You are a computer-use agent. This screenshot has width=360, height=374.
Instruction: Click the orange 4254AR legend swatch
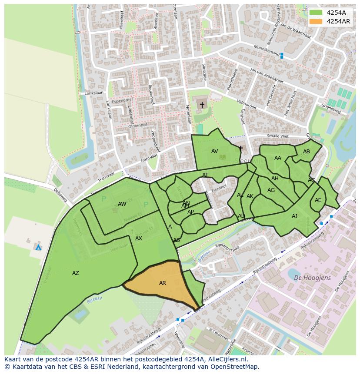[316, 21]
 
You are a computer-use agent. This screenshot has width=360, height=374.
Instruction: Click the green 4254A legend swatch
[316, 13]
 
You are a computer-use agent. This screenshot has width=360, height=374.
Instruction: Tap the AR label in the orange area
[163, 283]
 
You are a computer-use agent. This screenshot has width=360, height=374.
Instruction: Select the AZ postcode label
[76, 273]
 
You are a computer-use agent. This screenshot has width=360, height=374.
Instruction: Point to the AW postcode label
[122, 204]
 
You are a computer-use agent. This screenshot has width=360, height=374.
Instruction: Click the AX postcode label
[139, 238]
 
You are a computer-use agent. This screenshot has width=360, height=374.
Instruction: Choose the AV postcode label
[215, 151]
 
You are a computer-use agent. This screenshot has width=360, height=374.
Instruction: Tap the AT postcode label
[205, 175]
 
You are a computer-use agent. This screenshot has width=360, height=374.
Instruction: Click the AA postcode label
[278, 158]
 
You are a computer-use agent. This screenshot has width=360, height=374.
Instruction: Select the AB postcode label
[307, 152]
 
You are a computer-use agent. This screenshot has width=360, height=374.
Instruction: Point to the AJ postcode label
[294, 216]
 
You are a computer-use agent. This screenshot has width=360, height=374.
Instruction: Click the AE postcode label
[318, 200]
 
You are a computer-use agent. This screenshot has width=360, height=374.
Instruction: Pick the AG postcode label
[271, 190]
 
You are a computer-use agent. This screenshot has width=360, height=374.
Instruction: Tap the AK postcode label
[250, 196]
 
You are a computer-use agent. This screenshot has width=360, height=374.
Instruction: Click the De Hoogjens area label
[312, 278]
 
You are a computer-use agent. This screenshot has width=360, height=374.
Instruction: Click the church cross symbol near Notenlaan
[202, 105]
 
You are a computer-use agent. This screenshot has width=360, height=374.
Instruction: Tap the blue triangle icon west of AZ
[38, 247]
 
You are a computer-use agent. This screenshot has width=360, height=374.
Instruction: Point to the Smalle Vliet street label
[279, 136]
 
